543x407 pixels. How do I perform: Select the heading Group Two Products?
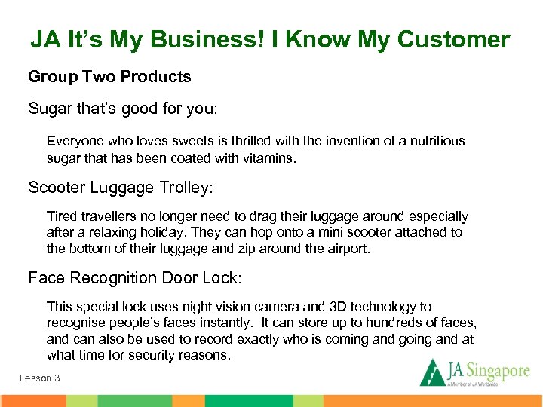[109, 77]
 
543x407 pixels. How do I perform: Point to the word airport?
[346, 249]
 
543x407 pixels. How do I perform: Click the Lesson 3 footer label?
[40, 378]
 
